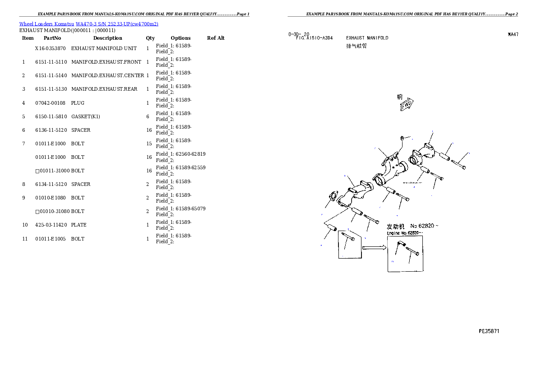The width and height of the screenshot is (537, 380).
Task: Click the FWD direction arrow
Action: pos(407,104)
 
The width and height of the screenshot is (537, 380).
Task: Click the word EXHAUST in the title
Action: pos(355,38)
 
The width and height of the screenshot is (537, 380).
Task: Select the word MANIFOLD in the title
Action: pos(377,38)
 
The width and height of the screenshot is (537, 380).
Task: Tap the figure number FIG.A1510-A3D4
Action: pos(314,38)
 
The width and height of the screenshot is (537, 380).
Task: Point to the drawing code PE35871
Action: pos(489,331)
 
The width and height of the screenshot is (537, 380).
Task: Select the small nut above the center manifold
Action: pos(403,138)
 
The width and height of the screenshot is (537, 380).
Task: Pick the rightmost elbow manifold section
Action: pos(423,155)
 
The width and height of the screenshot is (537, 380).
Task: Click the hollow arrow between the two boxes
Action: pos(374,247)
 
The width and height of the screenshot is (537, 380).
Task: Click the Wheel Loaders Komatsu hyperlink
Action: pos(88,23)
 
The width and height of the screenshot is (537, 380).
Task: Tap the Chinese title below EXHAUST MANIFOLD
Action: pos(356,46)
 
